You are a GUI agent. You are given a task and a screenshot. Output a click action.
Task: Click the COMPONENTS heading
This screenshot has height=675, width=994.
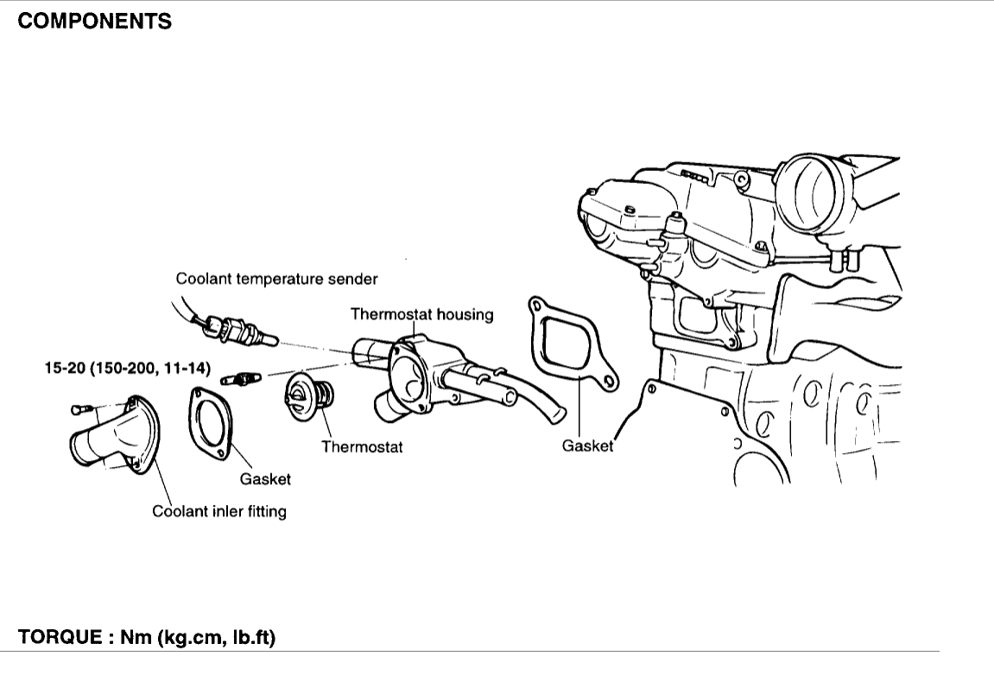click(95, 22)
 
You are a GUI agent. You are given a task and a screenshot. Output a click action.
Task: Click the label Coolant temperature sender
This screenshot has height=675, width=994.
click(276, 279)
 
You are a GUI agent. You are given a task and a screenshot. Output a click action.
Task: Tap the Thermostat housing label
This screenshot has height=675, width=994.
click(421, 314)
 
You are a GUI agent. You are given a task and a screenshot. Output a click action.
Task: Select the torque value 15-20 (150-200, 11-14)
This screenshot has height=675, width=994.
click(128, 368)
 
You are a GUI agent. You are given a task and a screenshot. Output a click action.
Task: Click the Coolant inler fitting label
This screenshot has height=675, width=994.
click(219, 511)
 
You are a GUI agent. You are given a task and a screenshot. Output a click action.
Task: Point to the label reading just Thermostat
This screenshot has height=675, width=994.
click(362, 447)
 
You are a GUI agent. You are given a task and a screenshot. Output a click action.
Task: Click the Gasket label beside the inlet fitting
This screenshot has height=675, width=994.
click(265, 479)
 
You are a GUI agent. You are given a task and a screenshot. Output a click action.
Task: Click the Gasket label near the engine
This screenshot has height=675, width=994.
click(587, 446)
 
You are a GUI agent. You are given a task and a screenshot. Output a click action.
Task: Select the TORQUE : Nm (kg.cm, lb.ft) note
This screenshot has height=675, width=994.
click(147, 639)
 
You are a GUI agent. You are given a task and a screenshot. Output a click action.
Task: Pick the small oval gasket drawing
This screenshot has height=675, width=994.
click(211, 421)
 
